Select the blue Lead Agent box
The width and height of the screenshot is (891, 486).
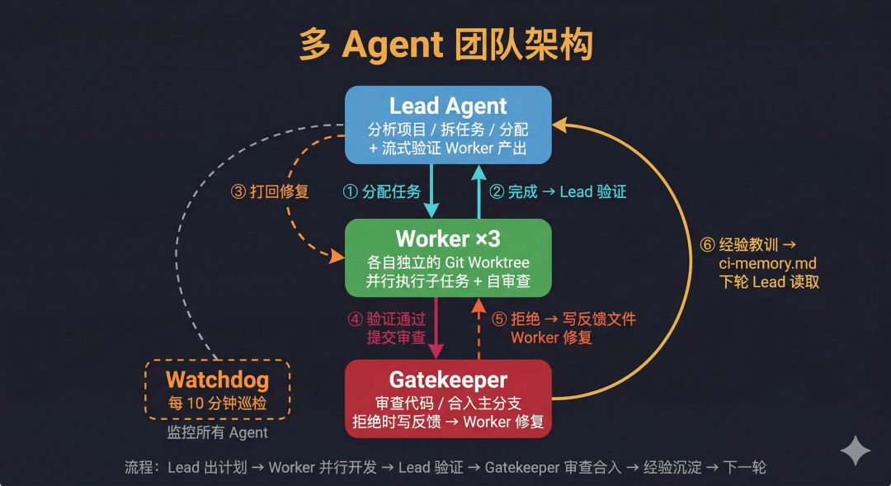(x=448, y=124)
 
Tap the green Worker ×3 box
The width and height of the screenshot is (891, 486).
(x=448, y=257)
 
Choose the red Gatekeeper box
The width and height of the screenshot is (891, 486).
(x=448, y=399)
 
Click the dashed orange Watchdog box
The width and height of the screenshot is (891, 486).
(x=217, y=389)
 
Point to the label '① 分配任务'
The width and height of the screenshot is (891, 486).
(x=381, y=191)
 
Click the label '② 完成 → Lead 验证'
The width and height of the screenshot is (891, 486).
(x=558, y=191)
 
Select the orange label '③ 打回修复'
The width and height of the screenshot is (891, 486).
(x=270, y=191)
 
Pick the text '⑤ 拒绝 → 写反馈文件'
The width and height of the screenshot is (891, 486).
(x=563, y=319)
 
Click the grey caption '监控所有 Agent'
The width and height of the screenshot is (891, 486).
(x=217, y=432)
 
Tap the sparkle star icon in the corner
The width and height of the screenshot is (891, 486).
(x=856, y=451)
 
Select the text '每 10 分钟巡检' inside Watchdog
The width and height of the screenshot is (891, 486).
(x=217, y=404)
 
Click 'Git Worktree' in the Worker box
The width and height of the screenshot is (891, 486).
(x=488, y=262)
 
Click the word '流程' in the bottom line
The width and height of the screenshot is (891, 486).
(x=139, y=467)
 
